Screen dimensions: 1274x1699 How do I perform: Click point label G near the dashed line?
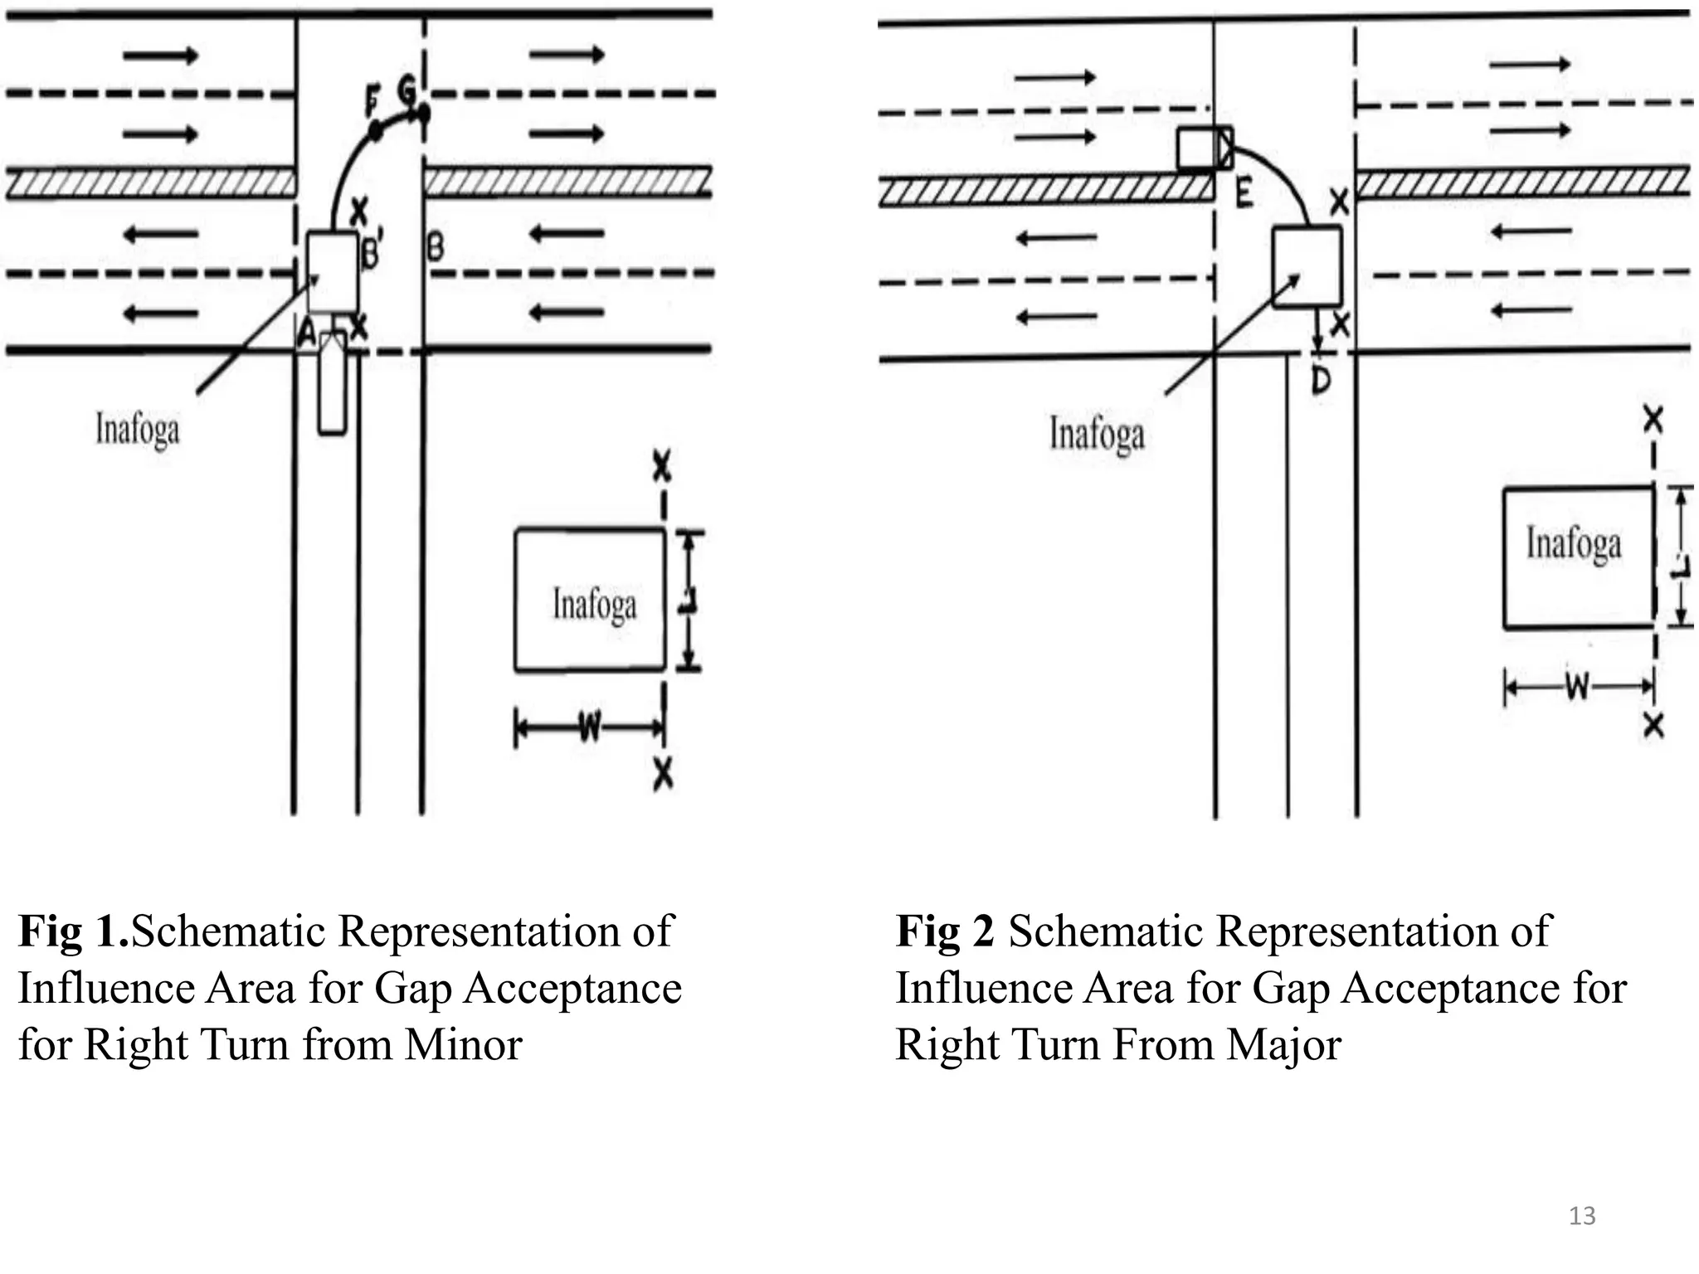406,88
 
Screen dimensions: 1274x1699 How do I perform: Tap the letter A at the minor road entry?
306,334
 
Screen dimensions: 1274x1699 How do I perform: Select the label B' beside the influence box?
370,250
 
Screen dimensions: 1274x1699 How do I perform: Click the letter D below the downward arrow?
1321,381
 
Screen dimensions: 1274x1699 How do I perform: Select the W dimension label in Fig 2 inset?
1577,687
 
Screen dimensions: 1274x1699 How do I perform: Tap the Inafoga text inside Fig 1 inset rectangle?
594,604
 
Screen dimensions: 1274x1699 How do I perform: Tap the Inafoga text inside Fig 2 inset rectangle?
1574,544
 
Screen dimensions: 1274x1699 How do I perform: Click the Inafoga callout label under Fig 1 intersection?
137,430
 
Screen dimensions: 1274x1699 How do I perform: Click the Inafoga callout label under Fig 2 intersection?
1097,434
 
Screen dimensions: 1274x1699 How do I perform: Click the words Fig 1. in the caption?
73,931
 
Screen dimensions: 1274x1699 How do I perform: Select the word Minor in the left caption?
463,1044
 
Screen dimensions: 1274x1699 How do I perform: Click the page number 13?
1581,1216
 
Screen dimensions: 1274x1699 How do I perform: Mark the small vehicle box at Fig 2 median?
1205,148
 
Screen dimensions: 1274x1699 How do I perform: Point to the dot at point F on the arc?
374,129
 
